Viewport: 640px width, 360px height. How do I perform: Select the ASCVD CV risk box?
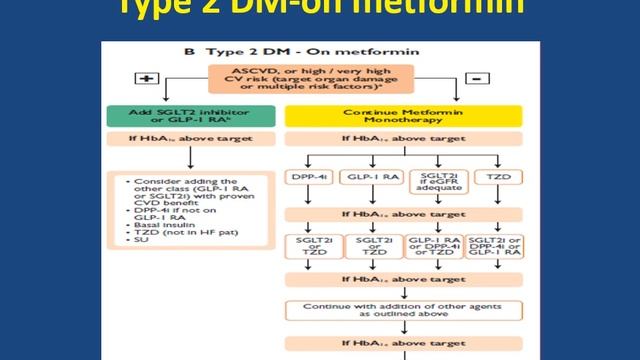coord(313,80)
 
